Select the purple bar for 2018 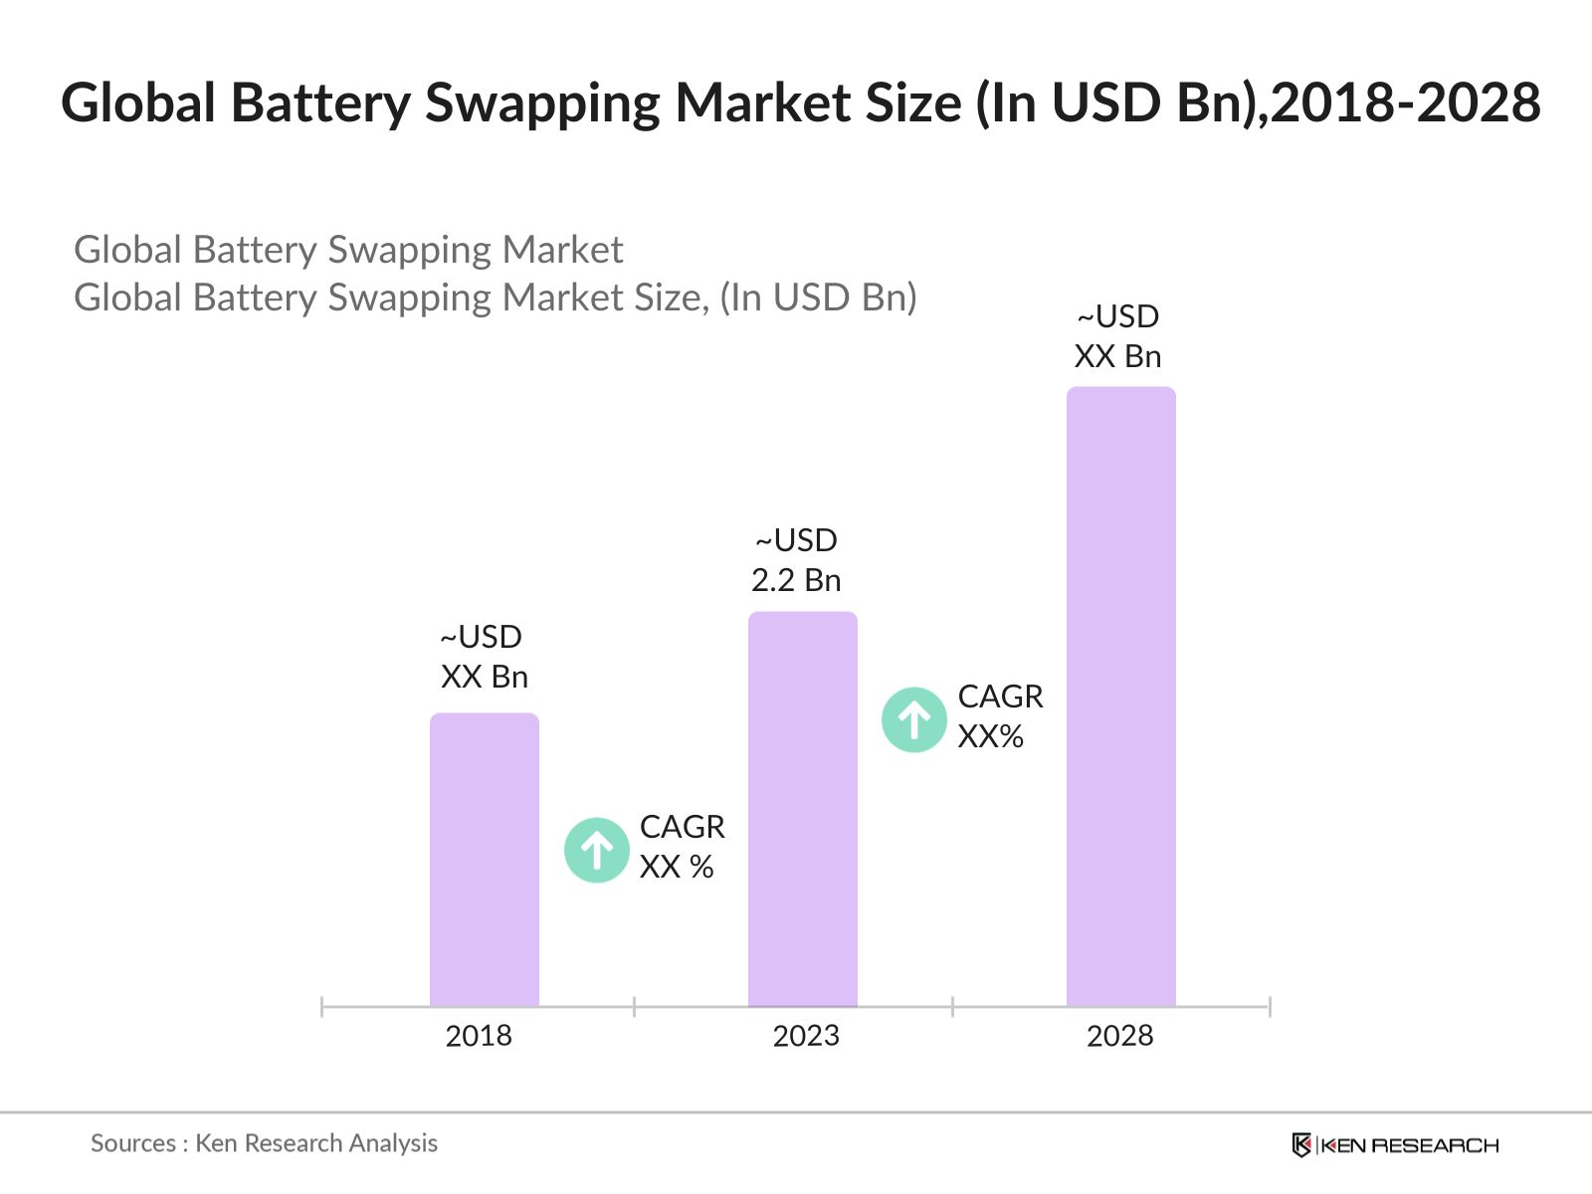pyautogui.click(x=485, y=861)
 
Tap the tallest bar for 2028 pyautogui.click(x=1120, y=696)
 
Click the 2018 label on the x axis pyautogui.click(x=479, y=1036)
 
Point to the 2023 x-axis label pyautogui.click(x=806, y=1036)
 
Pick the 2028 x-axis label pyautogui.click(x=1119, y=1036)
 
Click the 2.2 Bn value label pyautogui.click(x=796, y=580)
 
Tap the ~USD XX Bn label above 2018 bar pyautogui.click(x=484, y=657)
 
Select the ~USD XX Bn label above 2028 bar pyautogui.click(x=1117, y=336)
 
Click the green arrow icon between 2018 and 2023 pyautogui.click(x=597, y=850)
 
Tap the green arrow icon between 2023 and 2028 pyautogui.click(x=913, y=719)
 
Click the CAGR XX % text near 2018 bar pyautogui.click(x=682, y=847)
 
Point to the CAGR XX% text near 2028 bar pyautogui.click(x=1000, y=716)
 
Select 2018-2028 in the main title pyautogui.click(x=1405, y=103)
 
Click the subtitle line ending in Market pyautogui.click(x=348, y=250)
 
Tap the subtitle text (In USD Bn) pyautogui.click(x=818, y=298)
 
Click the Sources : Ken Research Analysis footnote pyautogui.click(x=264, y=1143)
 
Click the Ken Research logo pyautogui.click(x=1395, y=1145)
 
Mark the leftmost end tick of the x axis pyautogui.click(x=322, y=1007)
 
